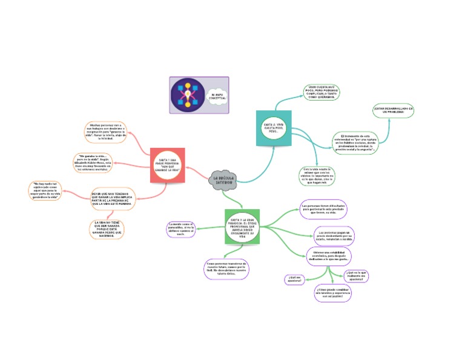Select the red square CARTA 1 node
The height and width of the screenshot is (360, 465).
point(167,165)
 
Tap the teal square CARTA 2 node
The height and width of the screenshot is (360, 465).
point(274,128)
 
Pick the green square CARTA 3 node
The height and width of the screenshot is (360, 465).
point(242,227)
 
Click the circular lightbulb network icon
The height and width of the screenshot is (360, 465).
point(188,95)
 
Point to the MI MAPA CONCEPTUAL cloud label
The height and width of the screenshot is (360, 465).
point(216,97)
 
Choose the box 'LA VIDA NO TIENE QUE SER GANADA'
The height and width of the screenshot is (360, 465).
point(107,229)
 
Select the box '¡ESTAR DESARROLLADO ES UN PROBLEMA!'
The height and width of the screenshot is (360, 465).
point(393,111)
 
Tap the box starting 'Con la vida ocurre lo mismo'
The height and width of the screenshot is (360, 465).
point(318,175)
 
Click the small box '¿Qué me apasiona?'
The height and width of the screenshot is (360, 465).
point(296,279)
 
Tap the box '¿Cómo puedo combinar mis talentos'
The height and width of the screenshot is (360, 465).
point(332,293)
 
